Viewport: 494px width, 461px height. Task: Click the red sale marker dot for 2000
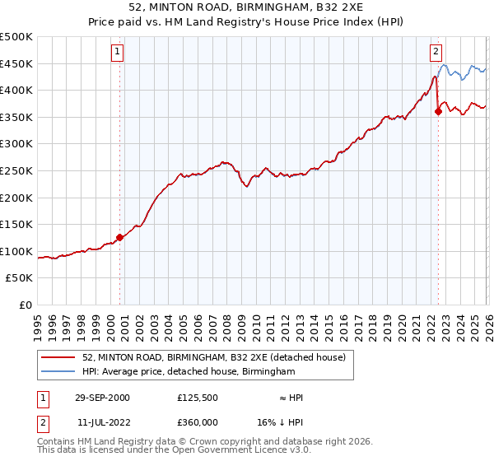tap(120, 237)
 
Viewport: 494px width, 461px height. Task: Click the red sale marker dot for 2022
tap(438, 112)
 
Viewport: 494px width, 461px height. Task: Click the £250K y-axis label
tap(16, 170)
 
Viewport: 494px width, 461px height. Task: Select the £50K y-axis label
tap(20, 278)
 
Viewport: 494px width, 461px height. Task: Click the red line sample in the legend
tap(59, 357)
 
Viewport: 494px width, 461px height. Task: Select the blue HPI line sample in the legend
tap(59, 372)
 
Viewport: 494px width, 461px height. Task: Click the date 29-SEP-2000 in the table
tap(101, 398)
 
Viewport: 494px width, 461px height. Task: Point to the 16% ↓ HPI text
tap(291, 421)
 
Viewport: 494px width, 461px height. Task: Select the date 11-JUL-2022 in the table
tap(101, 421)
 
